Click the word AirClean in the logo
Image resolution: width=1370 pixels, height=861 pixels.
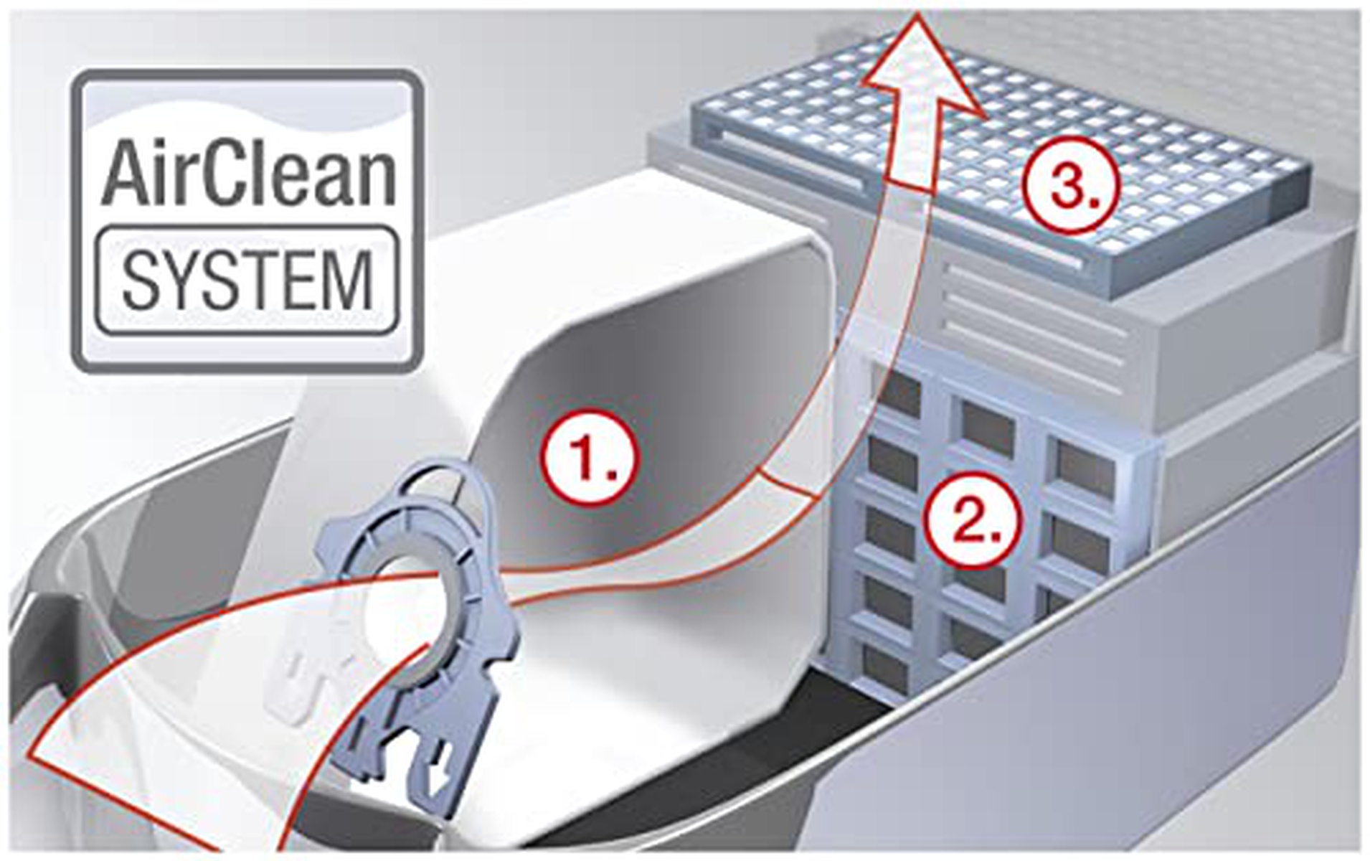[248, 172]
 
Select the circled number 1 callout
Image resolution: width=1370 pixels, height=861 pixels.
[588, 458]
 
